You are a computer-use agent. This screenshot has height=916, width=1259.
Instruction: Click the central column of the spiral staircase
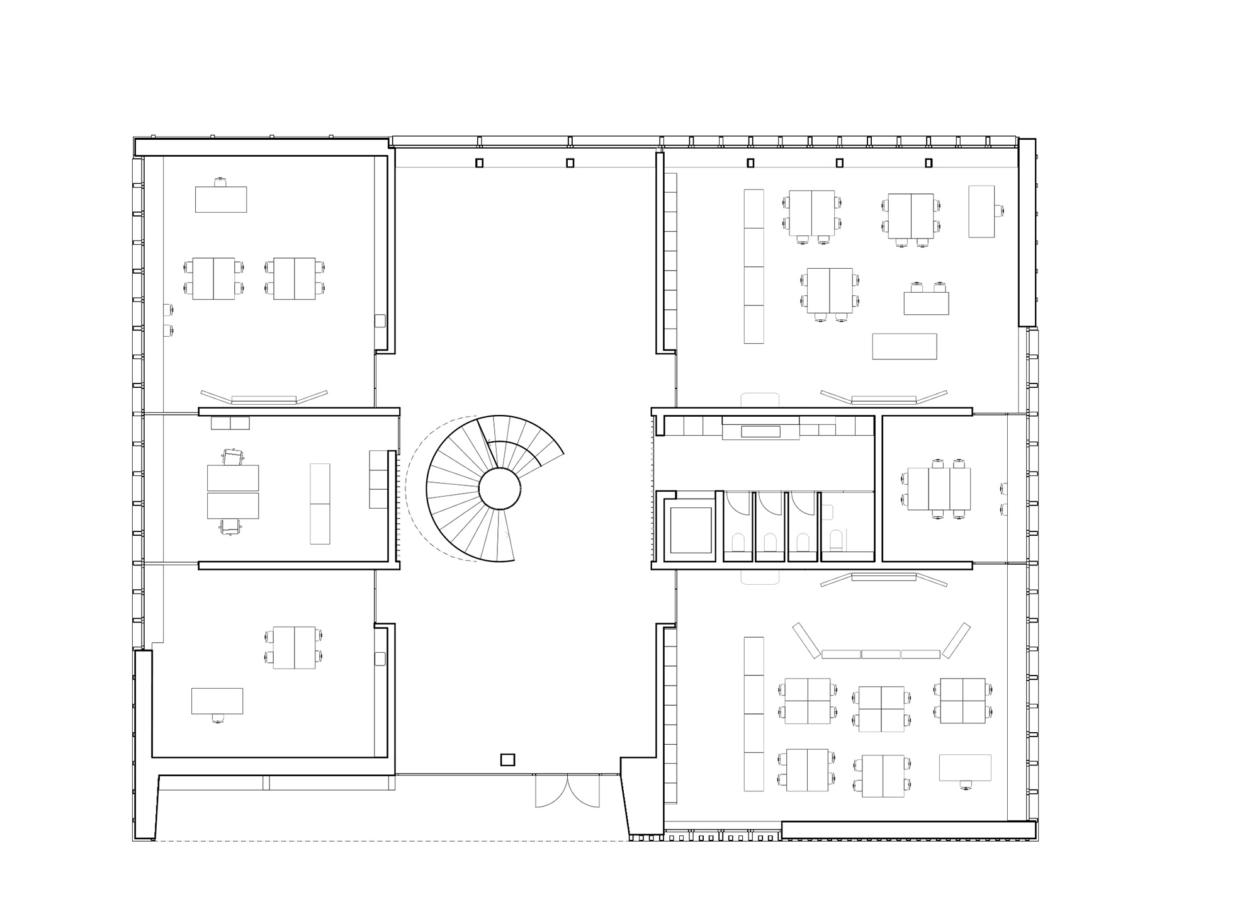(x=499, y=489)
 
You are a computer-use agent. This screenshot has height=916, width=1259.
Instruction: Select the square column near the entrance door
(x=507, y=760)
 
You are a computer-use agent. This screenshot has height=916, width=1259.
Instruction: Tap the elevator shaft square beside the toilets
(x=691, y=530)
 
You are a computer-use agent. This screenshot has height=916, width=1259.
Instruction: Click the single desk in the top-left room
(x=220, y=199)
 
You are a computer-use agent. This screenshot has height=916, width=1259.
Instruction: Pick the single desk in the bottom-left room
(x=217, y=701)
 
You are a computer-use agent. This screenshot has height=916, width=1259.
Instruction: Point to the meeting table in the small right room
(x=939, y=489)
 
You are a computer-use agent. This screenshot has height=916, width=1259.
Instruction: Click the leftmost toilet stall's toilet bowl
(x=738, y=541)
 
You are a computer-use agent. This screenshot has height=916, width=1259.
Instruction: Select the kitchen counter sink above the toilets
(x=760, y=431)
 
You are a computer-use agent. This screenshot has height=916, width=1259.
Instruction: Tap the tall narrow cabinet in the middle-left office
(x=320, y=504)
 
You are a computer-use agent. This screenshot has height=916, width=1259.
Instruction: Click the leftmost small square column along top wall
(x=479, y=163)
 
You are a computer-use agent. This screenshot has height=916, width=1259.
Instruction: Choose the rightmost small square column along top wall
(x=928, y=163)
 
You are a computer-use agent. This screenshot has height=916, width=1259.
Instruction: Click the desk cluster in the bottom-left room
(x=294, y=647)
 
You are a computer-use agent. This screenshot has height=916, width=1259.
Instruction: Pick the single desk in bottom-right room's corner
(x=964, y=767)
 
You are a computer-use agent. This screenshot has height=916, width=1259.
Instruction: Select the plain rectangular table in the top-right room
(x=904, y=346)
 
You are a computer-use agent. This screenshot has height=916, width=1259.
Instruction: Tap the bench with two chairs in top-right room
(x=926, y=303)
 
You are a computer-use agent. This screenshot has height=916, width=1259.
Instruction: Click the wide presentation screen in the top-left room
(x=264, y=399)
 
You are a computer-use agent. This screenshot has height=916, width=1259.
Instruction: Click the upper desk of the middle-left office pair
(x=233, y=478)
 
